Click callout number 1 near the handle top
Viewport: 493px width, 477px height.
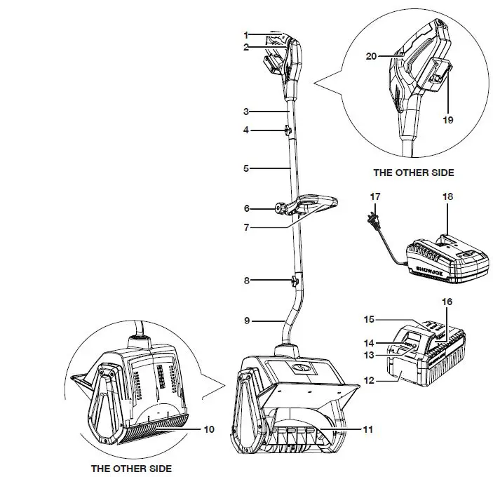pos(246,34)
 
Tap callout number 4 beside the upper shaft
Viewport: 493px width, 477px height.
pos(246,130)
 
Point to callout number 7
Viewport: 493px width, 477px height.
pos(246,228)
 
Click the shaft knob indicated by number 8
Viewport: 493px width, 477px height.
pos(292,281)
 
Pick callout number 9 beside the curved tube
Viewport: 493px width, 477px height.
pos(246,321)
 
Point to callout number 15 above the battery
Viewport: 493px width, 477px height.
pos(369,319)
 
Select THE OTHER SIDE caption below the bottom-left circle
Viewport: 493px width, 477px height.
pos(133,468)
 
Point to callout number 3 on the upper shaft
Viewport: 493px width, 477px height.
pos(246,111)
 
